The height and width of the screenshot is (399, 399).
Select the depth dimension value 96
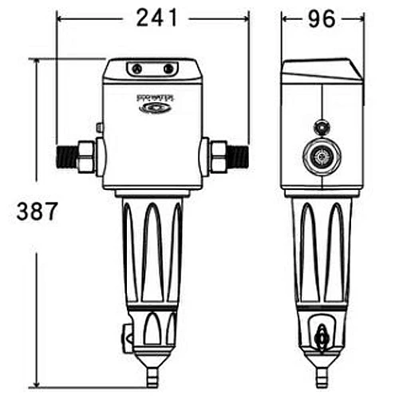pyautogui.click(x=322, y=17)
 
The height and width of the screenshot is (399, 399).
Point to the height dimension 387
pyautogui.click(x=38, y=212)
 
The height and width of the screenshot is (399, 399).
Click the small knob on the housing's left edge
pyautogui.click(x=100, y=127)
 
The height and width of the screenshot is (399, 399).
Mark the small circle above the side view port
pyautogui.click(x=322, y=127)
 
